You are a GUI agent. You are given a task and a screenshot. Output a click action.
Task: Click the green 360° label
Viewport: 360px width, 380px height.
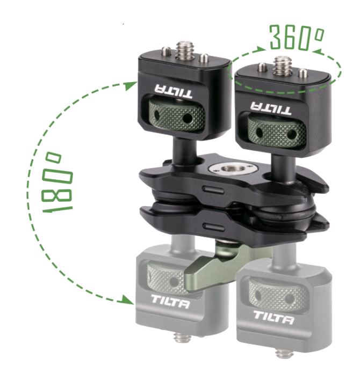pos(297,37)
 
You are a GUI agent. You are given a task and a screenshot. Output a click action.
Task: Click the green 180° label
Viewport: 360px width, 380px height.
pos(57,182)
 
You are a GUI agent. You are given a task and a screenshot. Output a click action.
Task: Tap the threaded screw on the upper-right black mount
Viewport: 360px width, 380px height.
pos(282,65)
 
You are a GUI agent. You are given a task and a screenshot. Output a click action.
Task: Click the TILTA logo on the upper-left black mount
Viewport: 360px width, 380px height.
pos(173,91)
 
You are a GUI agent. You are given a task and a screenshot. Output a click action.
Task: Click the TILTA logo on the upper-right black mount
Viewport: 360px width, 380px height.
pos(271,108)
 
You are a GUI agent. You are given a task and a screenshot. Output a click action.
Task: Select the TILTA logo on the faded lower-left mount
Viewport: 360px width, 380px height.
pos(170,302)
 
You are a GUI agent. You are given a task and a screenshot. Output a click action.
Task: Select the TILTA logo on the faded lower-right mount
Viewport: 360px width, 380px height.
pos(273,318)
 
